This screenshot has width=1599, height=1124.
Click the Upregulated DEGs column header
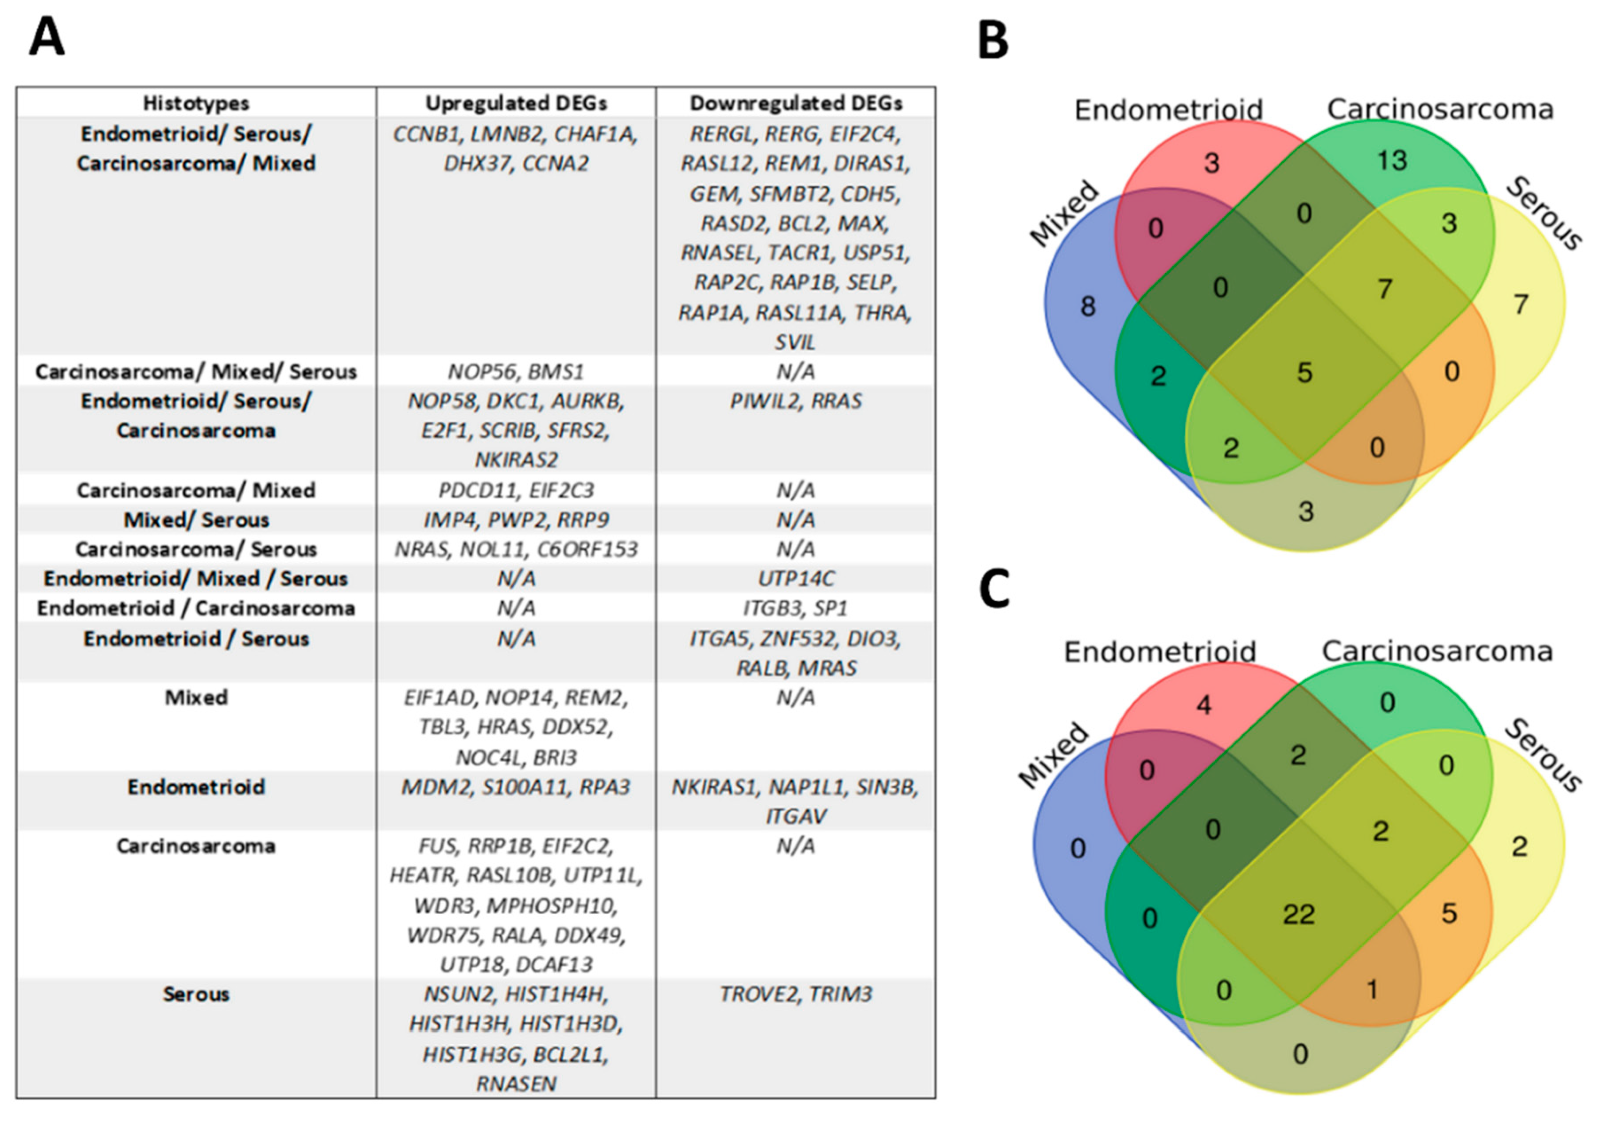point(516,103)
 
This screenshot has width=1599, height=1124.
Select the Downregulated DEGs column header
point(795,103)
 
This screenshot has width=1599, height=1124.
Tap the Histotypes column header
point(196,103)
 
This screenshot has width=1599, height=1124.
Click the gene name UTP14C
point(795,578)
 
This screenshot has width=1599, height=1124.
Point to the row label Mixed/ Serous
point(196,520)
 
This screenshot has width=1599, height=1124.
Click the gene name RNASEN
point(516,1084)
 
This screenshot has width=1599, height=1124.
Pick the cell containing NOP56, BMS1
point(516,372)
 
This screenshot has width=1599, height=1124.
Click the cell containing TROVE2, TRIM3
point(795,994)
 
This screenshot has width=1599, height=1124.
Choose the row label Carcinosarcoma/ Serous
point(196,549)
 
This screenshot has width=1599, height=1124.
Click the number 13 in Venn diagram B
point(1392,161)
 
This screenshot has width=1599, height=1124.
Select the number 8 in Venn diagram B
point(1088,306)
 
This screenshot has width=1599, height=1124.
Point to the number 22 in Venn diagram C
point(1299,914)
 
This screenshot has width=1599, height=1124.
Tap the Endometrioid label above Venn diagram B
point(1168,110)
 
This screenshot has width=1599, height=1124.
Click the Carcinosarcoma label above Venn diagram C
point(1437,651)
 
